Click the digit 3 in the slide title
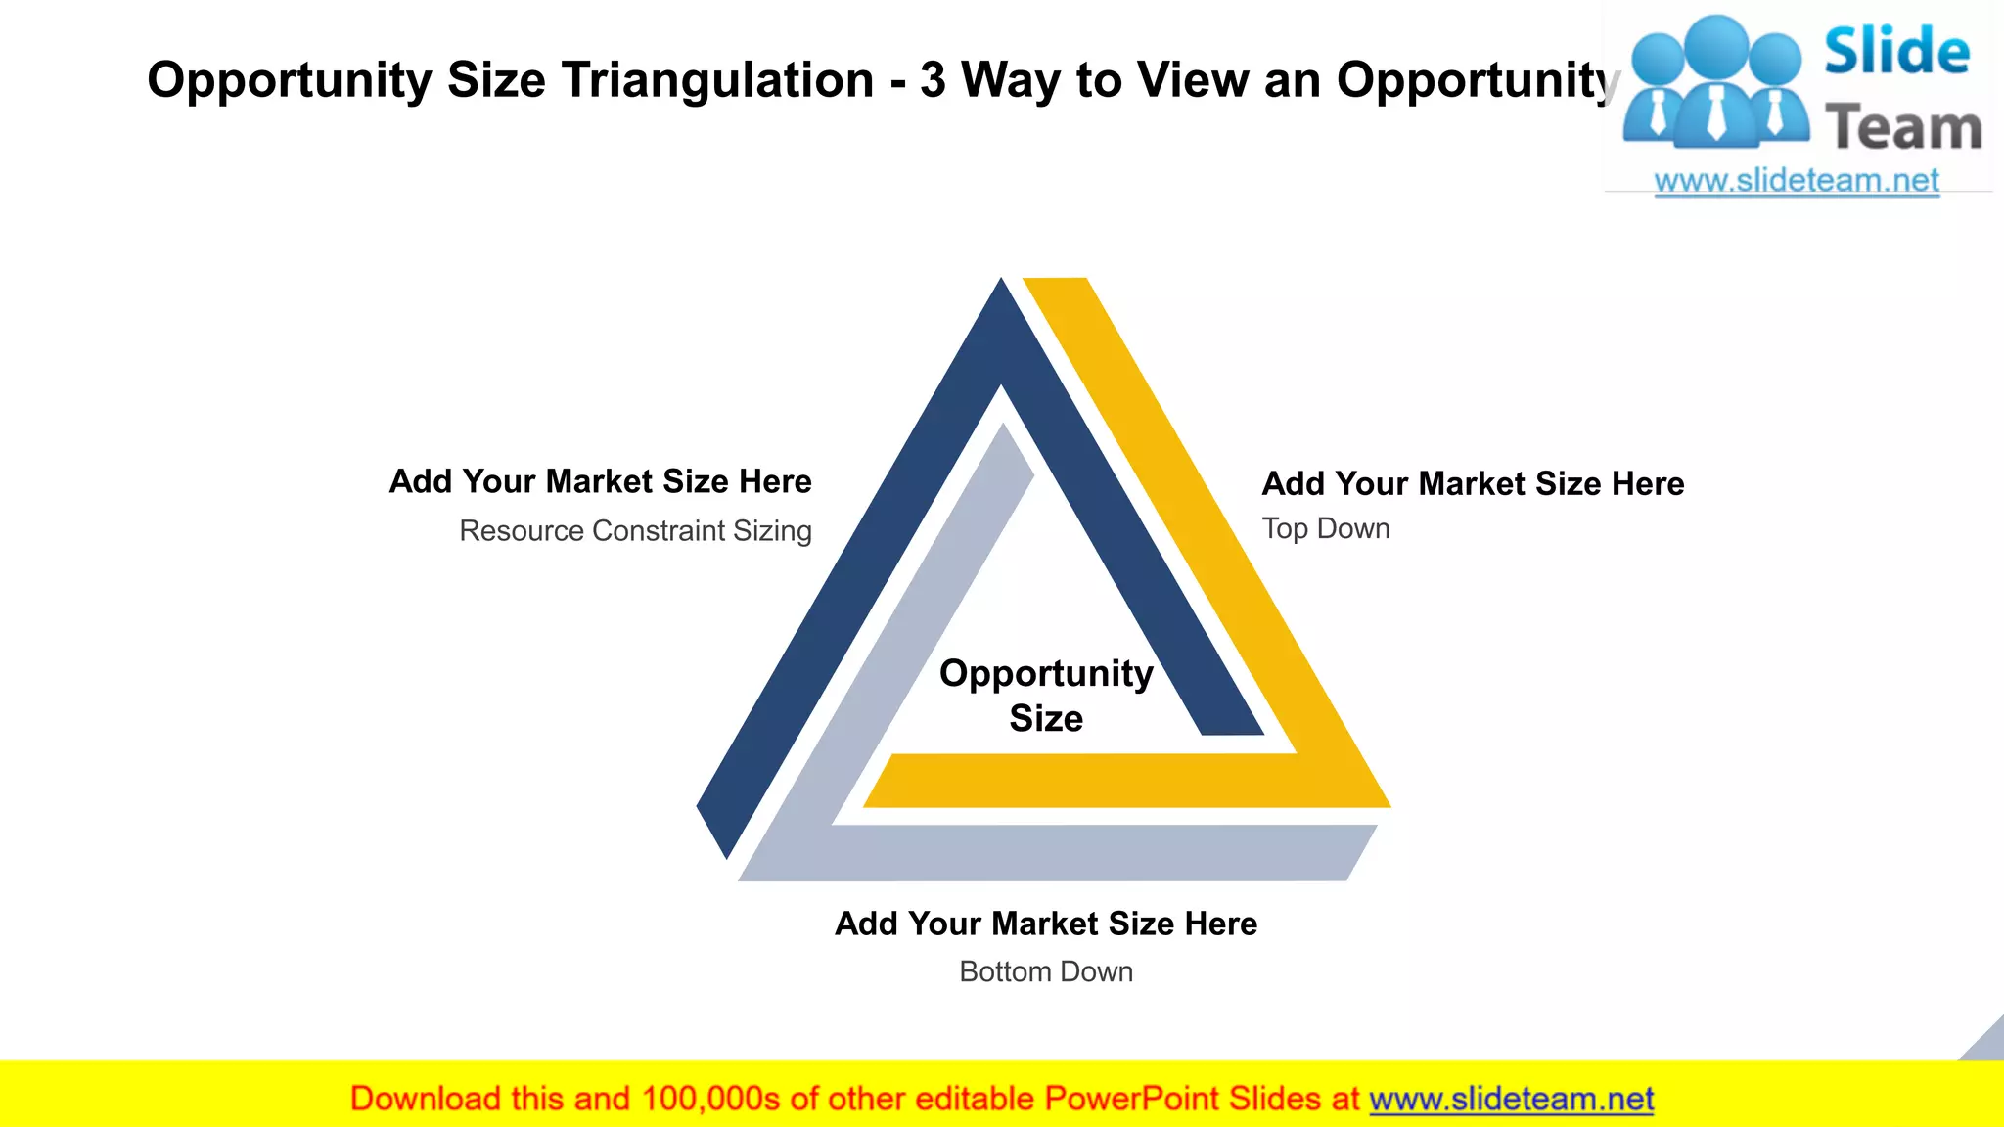933,80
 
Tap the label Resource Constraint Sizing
635,530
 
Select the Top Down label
1326,528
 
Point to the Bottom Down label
1046,971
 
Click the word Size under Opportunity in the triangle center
1046,718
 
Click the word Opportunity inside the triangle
1046,673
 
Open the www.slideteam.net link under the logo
1797,181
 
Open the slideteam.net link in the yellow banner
1511,1099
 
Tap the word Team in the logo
1903,127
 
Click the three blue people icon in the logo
1716,83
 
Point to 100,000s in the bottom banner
710,1099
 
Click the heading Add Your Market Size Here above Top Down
1473,483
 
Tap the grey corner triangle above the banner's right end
1987,1043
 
